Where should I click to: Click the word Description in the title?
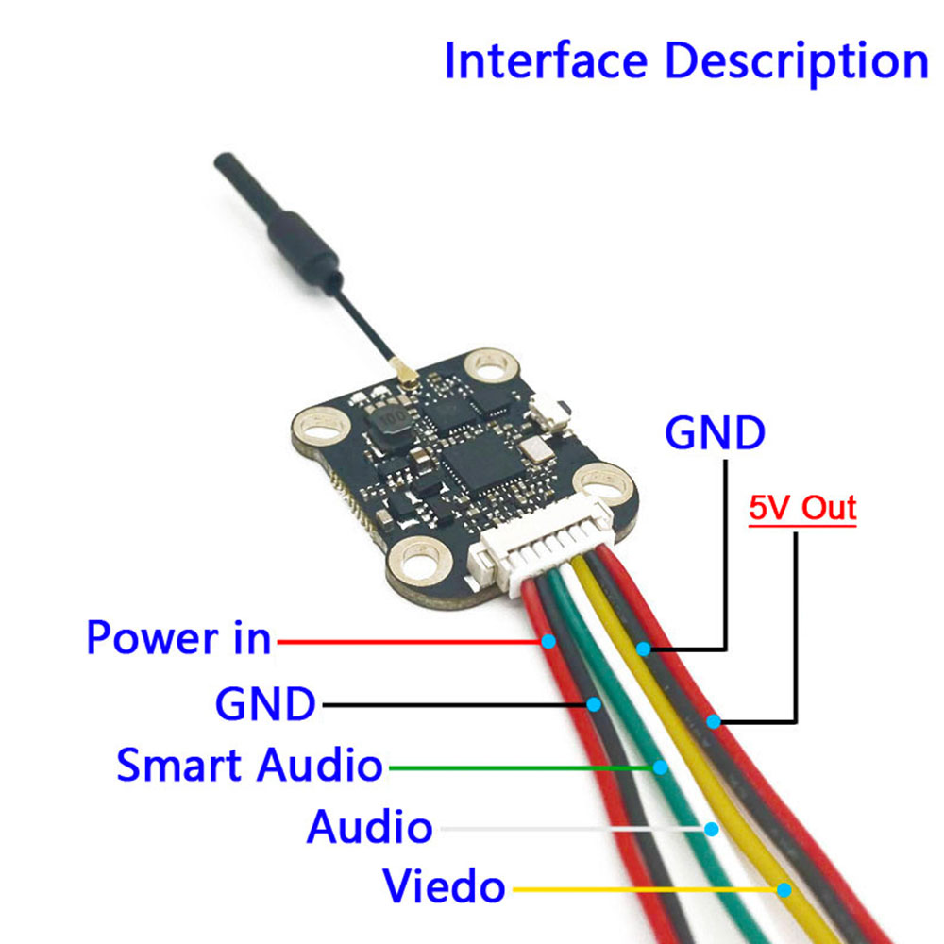click(x=797, y=62)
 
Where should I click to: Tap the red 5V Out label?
click(x=802, y=509)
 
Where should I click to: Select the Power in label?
click(x=178, y=639)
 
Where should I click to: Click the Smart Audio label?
click(x=249, y=765)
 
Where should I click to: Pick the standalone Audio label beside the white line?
click(x=369, y=828)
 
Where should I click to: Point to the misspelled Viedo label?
click(x=444, y=887)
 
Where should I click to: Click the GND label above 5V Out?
click(x=715, y=433)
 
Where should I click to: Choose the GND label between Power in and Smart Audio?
click(x=265, y=703)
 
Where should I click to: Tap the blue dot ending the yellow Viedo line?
click(x=784, y=888)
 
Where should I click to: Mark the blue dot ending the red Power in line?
click(x=548, y=642)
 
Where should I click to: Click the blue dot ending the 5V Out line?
click(x=715, y=722)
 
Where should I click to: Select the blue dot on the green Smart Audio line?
click(x=662, y=767)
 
